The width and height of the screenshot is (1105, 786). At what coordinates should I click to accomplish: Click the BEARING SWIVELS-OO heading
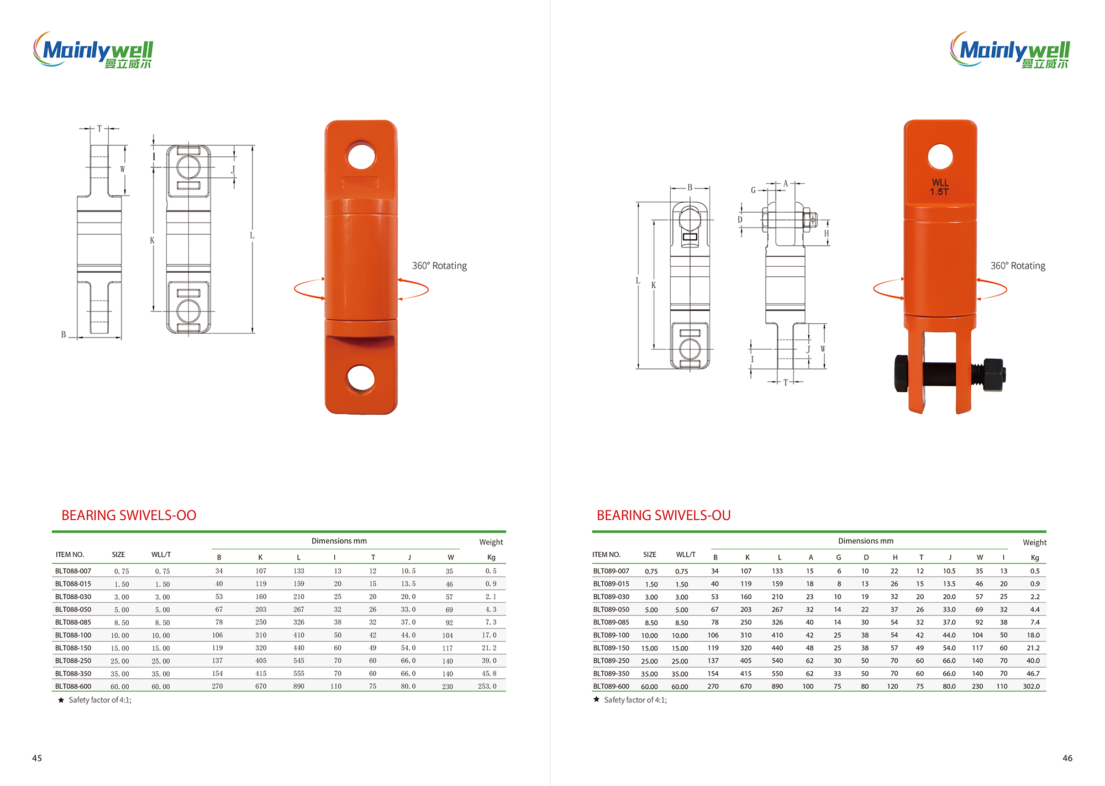(129, 515)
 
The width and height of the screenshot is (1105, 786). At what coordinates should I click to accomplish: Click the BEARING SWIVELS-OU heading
(664, 515)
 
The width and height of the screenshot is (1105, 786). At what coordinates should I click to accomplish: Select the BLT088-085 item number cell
(73, 622)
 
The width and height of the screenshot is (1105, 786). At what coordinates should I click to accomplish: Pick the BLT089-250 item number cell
(611, 661)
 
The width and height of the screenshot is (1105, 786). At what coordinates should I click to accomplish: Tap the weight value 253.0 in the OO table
(487, 686)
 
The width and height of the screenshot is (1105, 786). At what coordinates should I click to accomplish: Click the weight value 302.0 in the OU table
(1031, 686)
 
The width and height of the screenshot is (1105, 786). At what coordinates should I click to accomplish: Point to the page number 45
(37, 758)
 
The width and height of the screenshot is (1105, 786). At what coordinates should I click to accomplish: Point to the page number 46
(1067, 758)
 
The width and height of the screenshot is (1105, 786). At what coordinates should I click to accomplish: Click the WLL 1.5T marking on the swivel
(940, 187)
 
